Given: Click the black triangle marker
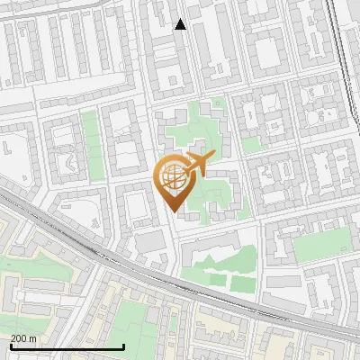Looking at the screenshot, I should click(x=181, y=24).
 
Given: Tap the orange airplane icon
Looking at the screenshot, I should click(x=199, y=163).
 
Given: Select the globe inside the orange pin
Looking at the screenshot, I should click(x=175, y=179).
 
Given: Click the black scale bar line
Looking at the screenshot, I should click(x=67, y=346).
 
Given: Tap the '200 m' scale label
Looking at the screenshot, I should click(x=23, y=338).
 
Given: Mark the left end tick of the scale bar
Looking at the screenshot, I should click(x=11, y=346).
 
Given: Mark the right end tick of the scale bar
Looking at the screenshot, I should click(x=124, y=346).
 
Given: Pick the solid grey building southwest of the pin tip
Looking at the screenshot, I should click(x=150, y=241).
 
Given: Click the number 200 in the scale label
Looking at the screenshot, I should click(x=19, y=338).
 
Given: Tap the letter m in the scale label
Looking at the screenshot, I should click(x=33, y=338).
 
